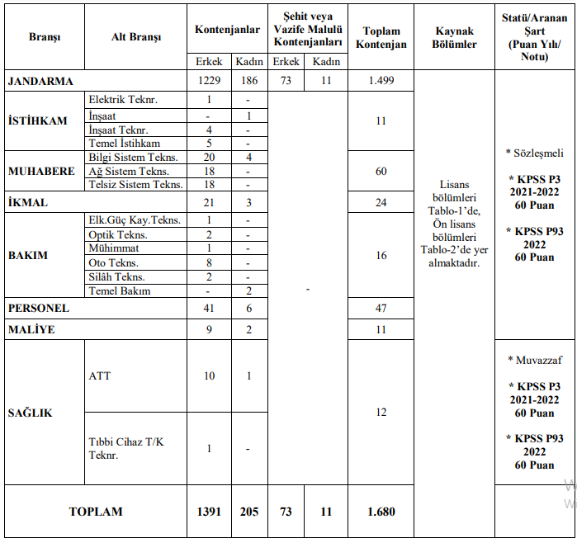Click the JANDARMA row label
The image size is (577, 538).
coord(40,81)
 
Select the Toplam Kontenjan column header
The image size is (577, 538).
coord(381,38)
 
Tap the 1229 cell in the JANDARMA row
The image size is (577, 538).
coord(209,81)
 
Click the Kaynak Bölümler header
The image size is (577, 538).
coord(454,38)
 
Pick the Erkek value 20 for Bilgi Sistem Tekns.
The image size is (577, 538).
coord(209,158)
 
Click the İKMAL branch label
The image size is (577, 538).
coord(28,202)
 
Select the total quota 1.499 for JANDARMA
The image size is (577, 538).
coord(381,81)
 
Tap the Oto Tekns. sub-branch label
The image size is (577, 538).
coord(115,262)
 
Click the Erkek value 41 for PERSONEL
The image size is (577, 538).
coord(209,308)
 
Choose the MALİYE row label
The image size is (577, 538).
coord(31,329)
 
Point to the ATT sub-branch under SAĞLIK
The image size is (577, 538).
coord(100,376)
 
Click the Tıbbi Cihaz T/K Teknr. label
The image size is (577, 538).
coord(125,448)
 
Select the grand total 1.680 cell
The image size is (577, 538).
coord(381,512)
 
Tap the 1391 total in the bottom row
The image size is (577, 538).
coord(209,512)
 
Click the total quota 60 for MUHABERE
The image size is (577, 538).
coord(381,172)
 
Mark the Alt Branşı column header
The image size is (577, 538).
coord(136,38)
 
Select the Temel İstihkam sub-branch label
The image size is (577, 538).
coord(124,143)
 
